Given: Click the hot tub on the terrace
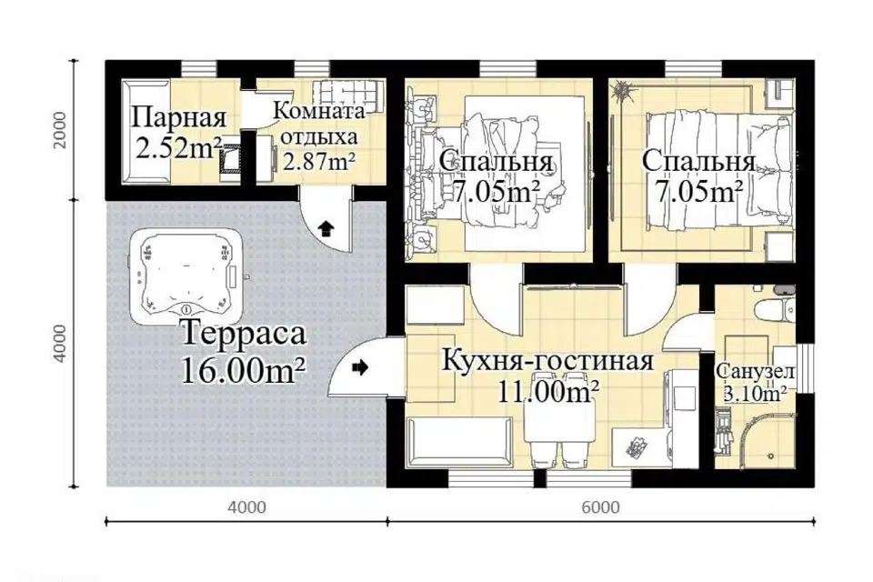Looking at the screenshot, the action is point(186,276).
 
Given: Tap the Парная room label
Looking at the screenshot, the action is point(179,118).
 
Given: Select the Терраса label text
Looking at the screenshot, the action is point(245,334).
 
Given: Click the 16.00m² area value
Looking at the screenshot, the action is point(244,370).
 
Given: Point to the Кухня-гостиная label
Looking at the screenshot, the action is point(547,361).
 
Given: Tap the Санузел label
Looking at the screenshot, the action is point(756,371).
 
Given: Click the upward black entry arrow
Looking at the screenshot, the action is point(325,227).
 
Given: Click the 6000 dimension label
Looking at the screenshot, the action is point(600,508).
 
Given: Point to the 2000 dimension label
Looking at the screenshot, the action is point(59,130).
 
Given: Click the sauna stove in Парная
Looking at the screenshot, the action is point(230,159).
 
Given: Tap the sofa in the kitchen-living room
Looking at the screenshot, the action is point(459,443).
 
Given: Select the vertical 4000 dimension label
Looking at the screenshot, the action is point(59,344).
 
